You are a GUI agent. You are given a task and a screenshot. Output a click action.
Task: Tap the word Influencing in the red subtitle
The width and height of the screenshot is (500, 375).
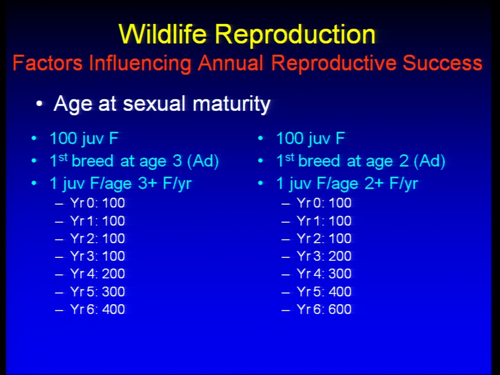click(x=140, y=63)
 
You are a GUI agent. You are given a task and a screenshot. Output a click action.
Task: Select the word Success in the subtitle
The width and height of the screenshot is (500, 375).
click(x=442, y=63)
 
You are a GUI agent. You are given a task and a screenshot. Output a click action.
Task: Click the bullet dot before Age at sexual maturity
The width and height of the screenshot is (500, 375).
click(x=39, y=104)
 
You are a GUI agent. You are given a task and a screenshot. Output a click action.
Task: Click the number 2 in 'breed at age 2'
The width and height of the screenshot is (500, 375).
click(x=404, y=161)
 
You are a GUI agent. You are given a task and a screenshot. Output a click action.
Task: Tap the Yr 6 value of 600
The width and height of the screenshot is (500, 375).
click(x=340, y=309)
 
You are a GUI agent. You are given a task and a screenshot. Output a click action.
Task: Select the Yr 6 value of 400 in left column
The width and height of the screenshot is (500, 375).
click(x=114, y=309)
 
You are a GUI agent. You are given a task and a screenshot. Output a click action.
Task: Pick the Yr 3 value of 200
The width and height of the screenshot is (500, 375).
click(x=340, y=256)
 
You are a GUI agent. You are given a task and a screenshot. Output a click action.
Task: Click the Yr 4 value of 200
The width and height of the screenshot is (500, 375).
click(x=114, y=274)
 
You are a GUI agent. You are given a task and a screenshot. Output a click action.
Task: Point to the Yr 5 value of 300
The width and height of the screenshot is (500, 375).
click(x=114, y=292)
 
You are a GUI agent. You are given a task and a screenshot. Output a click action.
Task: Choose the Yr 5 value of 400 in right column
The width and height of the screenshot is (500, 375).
click(x=340, y=292)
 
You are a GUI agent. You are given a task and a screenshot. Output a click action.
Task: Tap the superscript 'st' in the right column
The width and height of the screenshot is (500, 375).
click(x=290, y=157)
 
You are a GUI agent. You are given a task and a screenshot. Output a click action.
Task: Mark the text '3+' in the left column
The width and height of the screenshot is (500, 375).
click(x=148, y=184)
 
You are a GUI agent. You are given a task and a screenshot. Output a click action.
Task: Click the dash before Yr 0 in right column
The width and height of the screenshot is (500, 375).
click(x=286, y=204)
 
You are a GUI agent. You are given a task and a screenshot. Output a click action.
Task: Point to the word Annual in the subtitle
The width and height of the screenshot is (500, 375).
click(x=231, y=63)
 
